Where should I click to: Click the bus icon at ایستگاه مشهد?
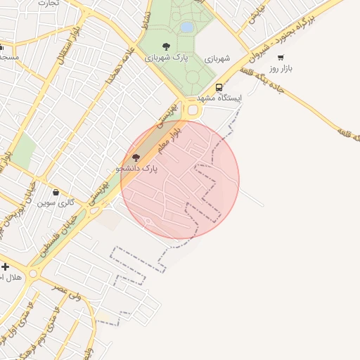219,88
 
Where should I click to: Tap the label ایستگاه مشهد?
219,98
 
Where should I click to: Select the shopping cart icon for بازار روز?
281,58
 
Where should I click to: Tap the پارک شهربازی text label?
166,58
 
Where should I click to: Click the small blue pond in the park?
186,27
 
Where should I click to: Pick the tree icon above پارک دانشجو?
136,157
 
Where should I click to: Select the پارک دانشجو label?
136,169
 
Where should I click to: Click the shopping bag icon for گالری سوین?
56,192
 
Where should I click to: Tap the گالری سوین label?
56,202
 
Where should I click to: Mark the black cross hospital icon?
6,266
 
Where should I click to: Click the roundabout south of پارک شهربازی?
192,110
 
